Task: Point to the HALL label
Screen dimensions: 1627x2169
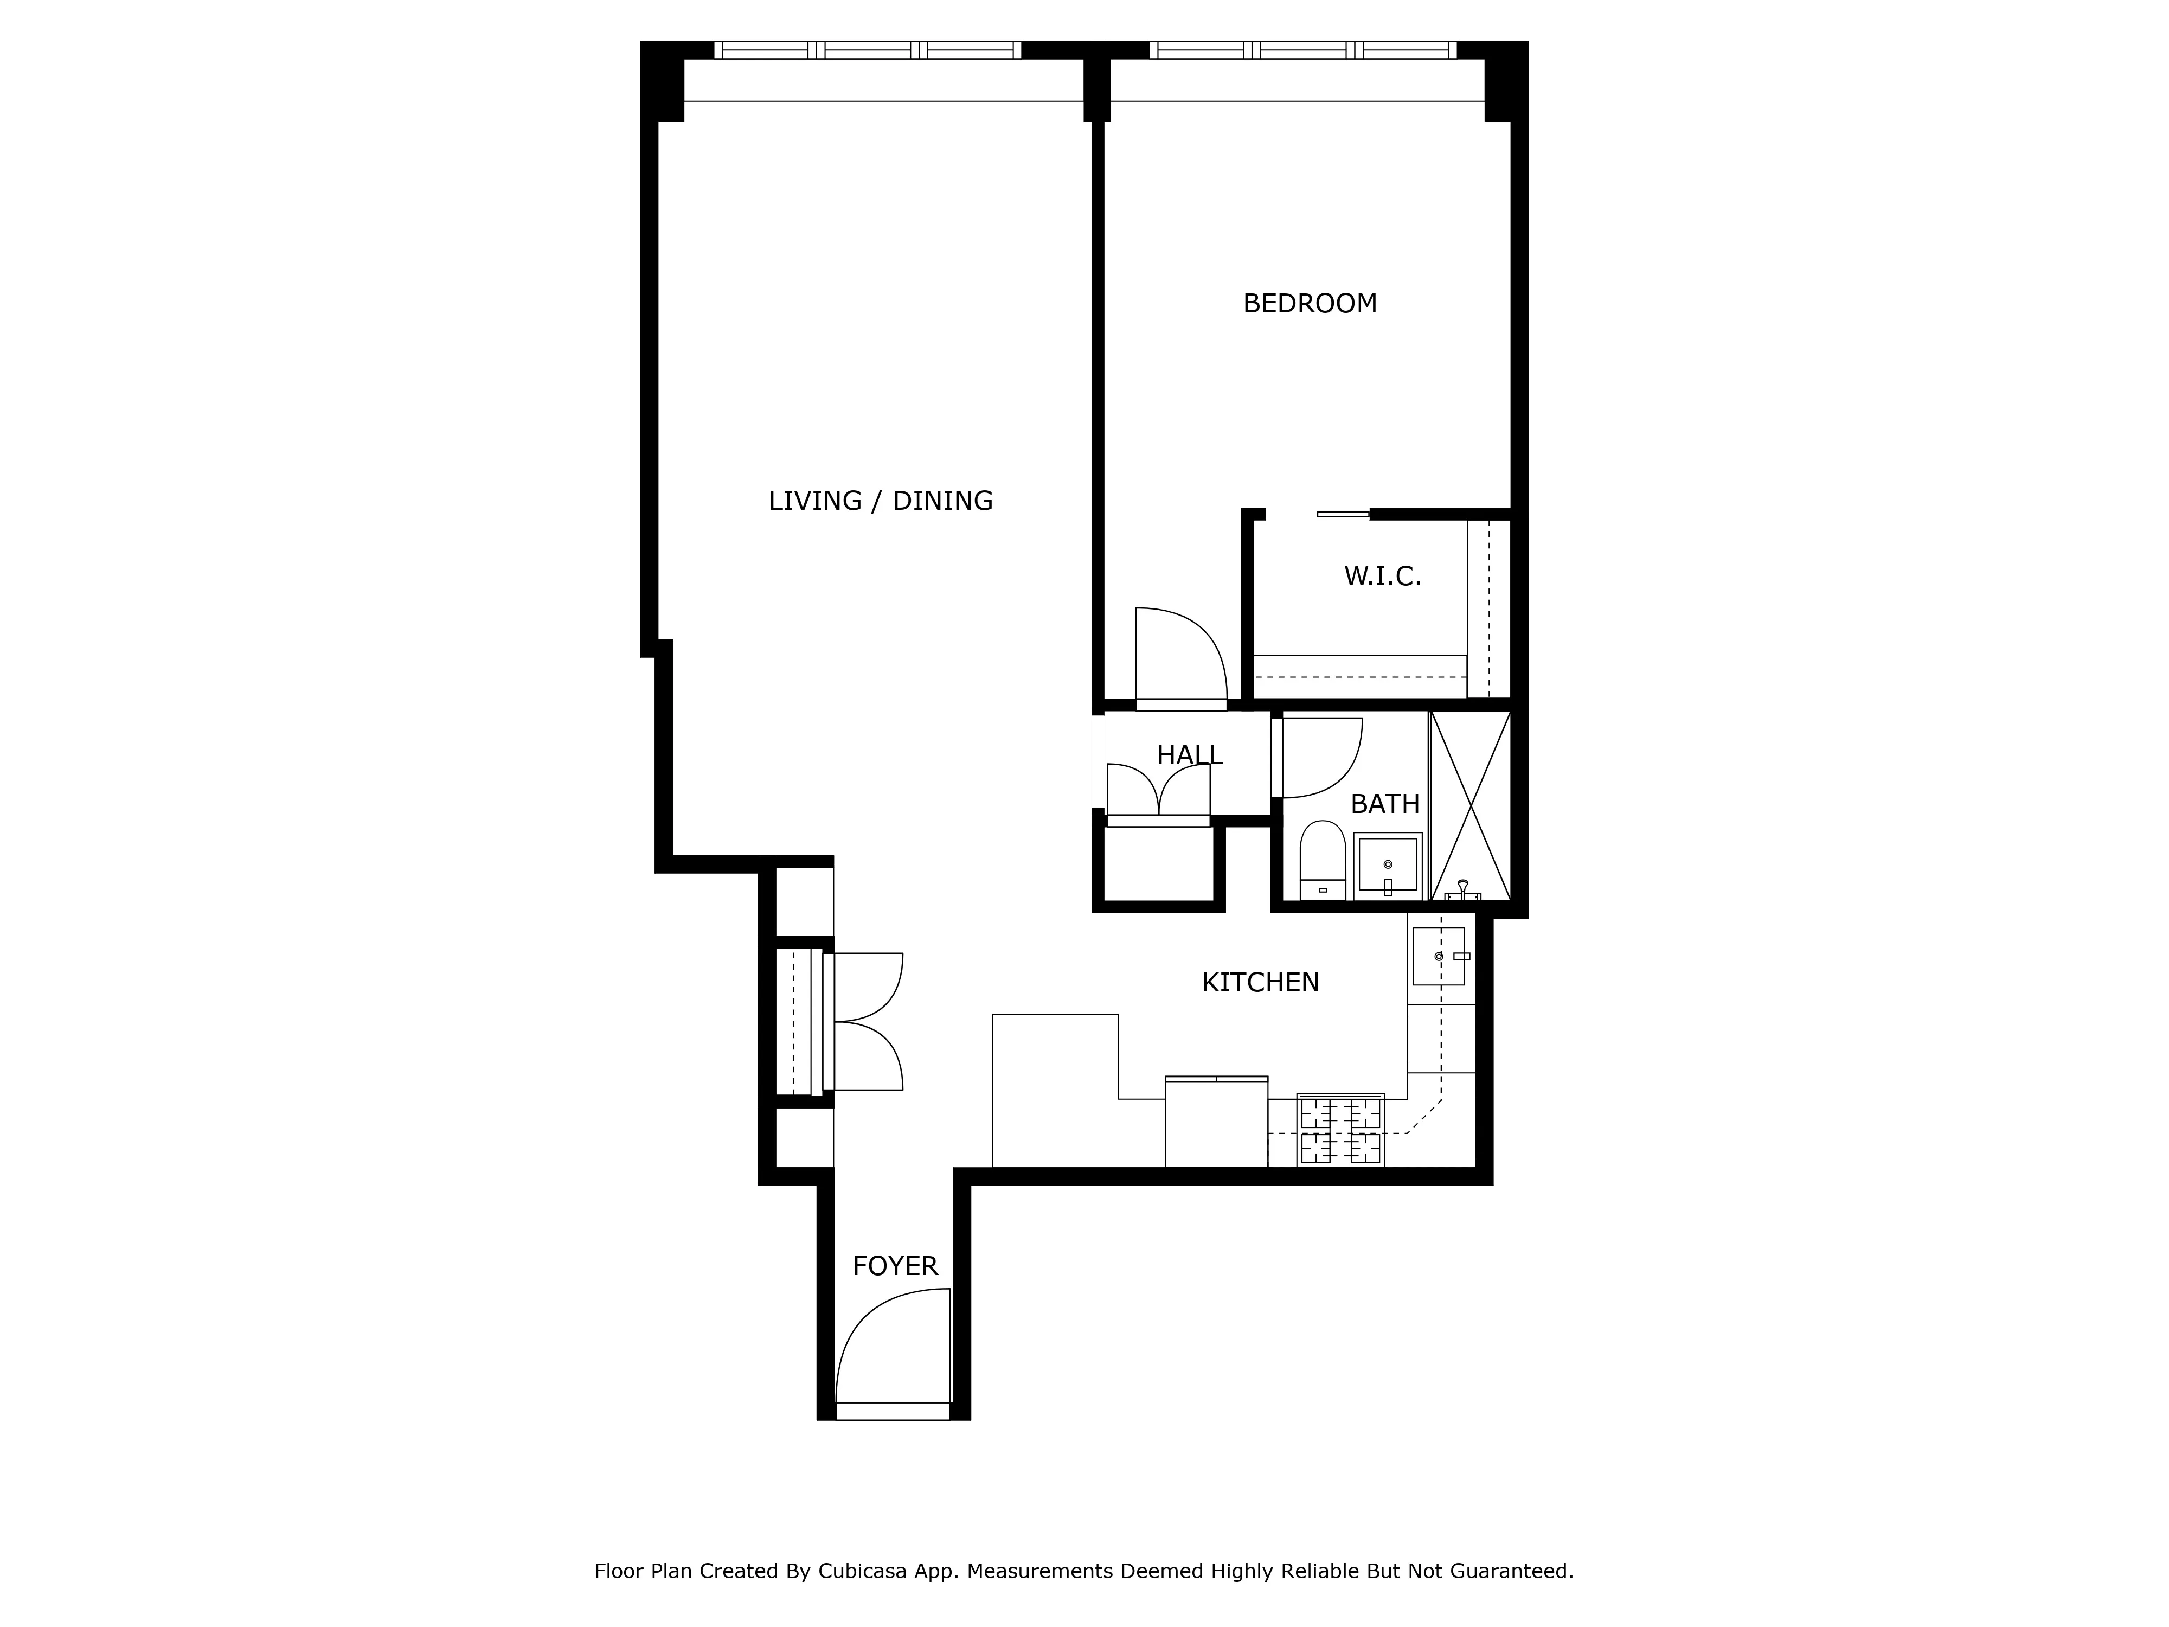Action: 1189,755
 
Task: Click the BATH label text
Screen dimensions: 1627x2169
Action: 1384,804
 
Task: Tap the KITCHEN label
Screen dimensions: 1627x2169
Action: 1260,983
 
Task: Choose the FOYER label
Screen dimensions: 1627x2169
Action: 894,1267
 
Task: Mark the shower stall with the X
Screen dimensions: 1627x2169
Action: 1470,805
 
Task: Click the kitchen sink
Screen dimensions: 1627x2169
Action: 1439,956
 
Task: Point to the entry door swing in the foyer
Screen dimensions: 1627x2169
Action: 888,1348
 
